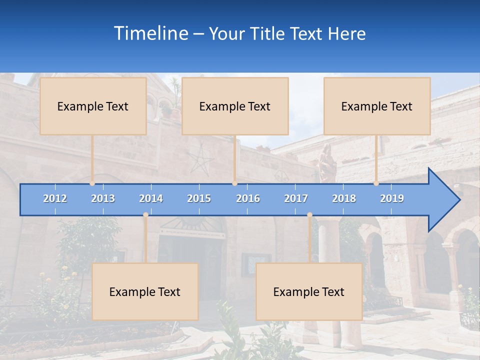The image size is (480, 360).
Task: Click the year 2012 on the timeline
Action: coord(55,198)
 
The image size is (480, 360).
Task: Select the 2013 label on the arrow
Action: coord(103,198)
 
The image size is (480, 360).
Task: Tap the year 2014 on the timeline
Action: coord(151,198)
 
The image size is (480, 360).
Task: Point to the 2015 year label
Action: coord(199,198)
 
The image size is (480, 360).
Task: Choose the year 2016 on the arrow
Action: coord(248,198)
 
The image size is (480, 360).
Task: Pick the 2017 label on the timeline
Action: coord(296,198)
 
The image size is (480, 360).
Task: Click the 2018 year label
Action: coord(344,198)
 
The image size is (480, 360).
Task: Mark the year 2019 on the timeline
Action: coord(392,198)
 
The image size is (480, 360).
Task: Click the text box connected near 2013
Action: coord(93,106)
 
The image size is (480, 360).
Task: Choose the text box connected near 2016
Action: coord(235,106)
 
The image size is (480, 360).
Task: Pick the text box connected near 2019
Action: coord(377,106)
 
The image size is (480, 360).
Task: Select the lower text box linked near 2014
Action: coord(145,291)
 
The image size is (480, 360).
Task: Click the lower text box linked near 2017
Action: coord(309,291)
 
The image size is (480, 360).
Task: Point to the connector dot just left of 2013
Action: coord(92,183)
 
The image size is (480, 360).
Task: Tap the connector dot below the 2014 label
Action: coord(145,215)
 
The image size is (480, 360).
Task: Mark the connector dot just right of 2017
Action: coord(309,215)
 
